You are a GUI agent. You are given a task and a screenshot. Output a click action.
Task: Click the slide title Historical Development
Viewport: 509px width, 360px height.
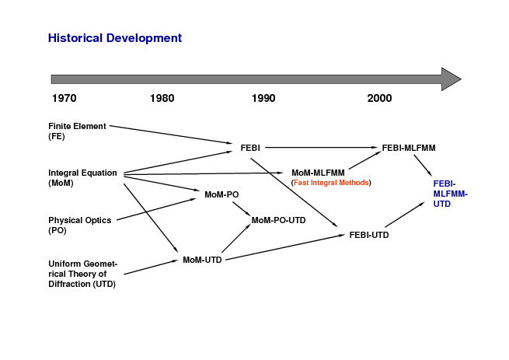tap(115, 38)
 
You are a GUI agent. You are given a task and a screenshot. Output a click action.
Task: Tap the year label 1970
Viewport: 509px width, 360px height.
tap(64, 98)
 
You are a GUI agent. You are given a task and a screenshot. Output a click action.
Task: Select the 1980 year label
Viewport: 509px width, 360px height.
tap(162, 98)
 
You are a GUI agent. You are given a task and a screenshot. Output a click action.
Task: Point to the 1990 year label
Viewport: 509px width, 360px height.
tap(263, 98)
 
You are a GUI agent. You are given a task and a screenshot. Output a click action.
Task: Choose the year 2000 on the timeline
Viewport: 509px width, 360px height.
tap(379, 98)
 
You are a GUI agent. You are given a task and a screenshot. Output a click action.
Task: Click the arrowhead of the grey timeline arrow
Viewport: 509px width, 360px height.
tap(451, 79)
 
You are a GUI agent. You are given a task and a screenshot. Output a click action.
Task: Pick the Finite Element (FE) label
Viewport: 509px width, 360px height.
tap(77, 131)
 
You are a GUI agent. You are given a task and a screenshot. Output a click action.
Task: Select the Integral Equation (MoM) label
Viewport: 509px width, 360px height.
tap(82, 178)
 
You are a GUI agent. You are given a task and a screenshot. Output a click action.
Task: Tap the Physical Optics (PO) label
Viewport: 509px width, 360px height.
tap(80, 225)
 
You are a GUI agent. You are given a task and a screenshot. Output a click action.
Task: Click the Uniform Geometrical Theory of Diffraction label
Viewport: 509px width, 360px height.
tap(83, 274)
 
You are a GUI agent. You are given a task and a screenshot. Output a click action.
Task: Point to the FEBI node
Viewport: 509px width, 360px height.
tap(250, 148)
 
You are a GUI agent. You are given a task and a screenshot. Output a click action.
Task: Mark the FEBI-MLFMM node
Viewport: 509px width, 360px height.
tap(409, 148)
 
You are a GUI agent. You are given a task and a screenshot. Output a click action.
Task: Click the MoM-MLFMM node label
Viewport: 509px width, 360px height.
tap(318, 173)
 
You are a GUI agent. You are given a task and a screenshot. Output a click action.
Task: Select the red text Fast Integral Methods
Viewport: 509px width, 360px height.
tap(331, 183)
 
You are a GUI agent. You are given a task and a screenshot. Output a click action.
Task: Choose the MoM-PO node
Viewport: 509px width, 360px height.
tap(221, 194)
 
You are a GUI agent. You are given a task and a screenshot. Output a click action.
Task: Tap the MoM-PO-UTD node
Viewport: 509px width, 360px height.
tap(278, 220)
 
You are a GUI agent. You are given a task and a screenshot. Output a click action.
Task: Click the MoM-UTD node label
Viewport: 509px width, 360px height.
tap(202, 260)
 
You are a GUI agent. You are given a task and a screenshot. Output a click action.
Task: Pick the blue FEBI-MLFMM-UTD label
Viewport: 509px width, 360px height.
tap(450, 194)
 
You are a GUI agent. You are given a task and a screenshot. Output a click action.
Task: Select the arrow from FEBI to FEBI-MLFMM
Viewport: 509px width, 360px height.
tap(322, 148)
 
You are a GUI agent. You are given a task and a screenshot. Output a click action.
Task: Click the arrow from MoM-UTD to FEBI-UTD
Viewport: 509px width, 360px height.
tap(285, 247)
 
